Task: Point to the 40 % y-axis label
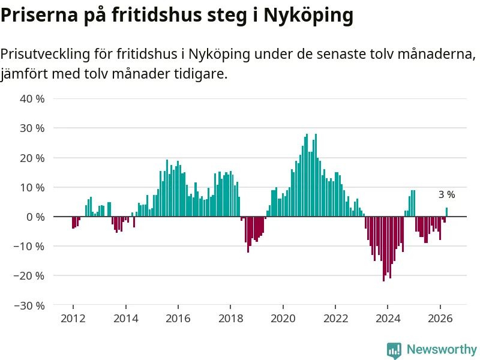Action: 32,99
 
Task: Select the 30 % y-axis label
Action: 32,128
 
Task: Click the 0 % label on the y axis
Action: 35,217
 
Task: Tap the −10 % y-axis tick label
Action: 29,247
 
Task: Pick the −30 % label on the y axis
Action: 29,305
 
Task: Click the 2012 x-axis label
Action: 73,319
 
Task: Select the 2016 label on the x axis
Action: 178,319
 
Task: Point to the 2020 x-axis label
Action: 283,319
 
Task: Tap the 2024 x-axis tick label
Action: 388,319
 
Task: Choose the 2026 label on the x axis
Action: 440,319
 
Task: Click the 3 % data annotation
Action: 446,194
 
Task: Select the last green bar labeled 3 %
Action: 446,212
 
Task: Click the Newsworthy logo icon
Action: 394,350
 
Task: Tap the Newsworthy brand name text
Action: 442,349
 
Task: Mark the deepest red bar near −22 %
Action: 383,249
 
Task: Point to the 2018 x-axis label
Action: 230,319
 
